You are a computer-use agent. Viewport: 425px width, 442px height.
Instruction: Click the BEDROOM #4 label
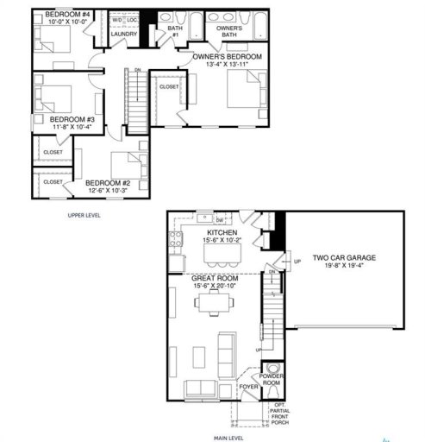click(x=67, y=16)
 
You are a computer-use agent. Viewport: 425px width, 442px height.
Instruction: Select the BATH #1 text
click(x=175, y=32)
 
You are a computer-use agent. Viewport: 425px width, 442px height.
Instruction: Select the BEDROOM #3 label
click(x=71, y=119)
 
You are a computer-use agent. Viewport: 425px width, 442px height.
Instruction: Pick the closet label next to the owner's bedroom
click(x=169, y=86)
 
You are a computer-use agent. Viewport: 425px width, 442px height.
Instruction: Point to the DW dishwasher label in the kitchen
click(x=219, y=221)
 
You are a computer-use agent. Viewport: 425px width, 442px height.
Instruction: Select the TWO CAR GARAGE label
click(x=344, y=258)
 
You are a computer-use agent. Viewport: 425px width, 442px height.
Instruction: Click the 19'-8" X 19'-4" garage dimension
click(x=344, y=267)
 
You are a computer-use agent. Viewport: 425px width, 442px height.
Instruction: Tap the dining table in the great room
click(x=212, y=302)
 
